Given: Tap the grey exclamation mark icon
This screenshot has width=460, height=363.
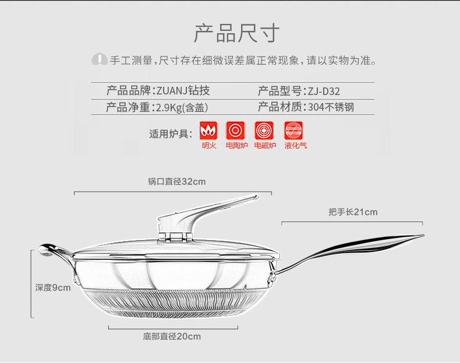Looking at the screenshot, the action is click(100, 59).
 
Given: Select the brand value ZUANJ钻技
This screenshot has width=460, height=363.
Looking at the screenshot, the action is click(182, 91).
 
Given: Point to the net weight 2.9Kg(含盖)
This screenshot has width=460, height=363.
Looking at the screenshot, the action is click(181, 107).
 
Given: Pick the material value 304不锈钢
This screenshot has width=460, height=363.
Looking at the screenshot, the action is click(331, 107).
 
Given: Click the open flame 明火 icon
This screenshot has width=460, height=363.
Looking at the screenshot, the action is click(208, 130).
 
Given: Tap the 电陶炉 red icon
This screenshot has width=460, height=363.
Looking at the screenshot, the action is click(235, 130).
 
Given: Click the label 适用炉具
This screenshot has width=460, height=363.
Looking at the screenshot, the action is click(171, 134).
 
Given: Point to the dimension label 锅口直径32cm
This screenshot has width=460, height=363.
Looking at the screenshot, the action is click(176, 181).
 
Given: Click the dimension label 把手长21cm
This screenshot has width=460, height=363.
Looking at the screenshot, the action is click(352, 212).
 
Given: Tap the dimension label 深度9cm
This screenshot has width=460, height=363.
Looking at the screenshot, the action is click(52, 287).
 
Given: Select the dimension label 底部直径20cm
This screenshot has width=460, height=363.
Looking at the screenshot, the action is click(172, 336).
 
